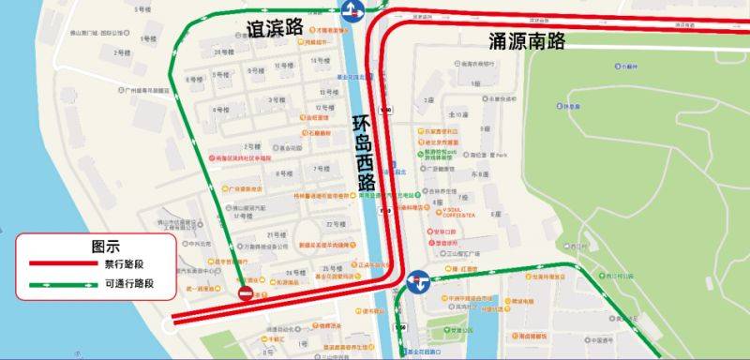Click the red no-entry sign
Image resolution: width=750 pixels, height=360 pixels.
click(x=246, y=295)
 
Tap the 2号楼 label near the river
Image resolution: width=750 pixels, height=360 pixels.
click(x=120, y=52)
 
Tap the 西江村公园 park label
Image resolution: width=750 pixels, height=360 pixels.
click(x=619, y=277)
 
